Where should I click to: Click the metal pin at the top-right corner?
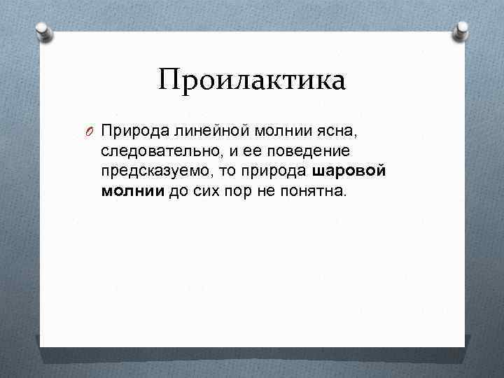click(x=462, y=31)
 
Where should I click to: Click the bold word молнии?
click(x=133, y=192)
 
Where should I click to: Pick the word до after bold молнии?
click(x=178, y=192)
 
